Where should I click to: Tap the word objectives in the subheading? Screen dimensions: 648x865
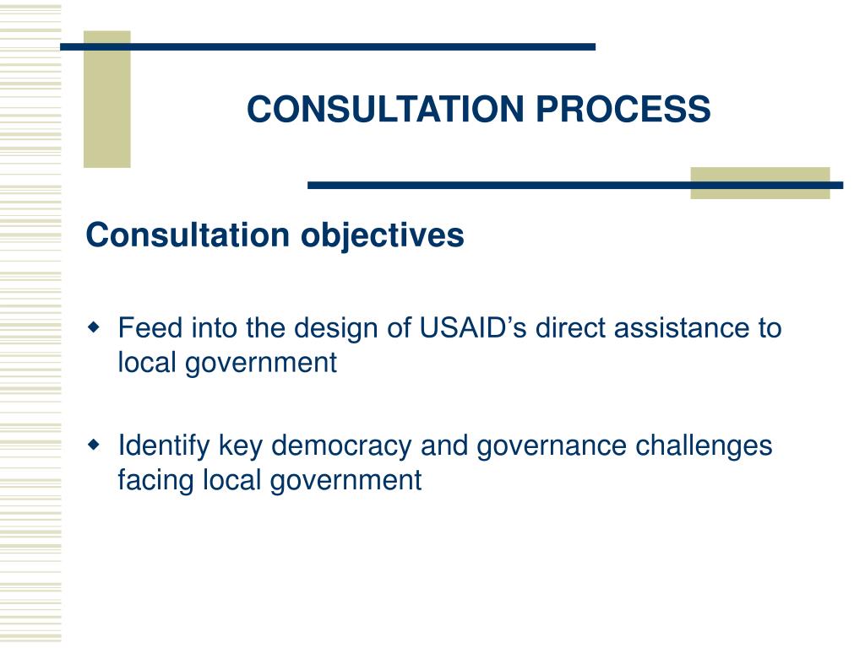383,235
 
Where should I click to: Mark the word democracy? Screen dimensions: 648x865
341,445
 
